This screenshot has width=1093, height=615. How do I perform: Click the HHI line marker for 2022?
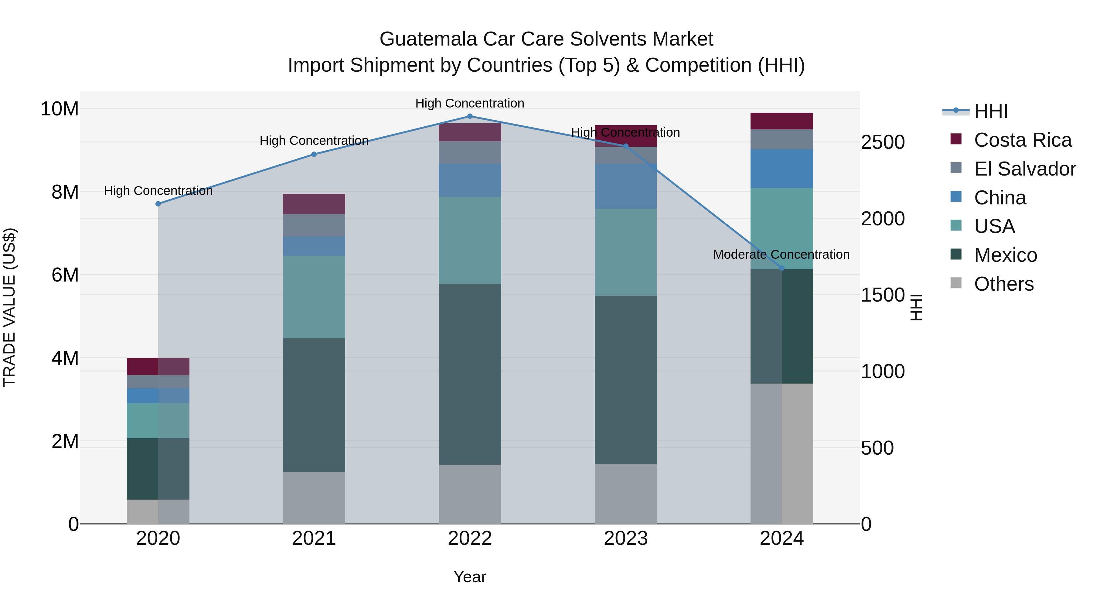[x=470, y=116]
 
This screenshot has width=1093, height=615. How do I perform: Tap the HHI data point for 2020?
[x=158, y=204]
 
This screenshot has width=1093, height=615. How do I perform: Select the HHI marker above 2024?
[x=782, y=268]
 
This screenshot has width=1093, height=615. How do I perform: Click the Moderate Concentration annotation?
[x=781, y=255]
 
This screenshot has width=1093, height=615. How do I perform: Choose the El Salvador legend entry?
[x=1025, y=169]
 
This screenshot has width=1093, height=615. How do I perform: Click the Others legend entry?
[x=1003, y=284]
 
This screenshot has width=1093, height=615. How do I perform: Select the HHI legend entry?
[x=991, y=111]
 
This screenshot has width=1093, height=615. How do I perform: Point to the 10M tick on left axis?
[x=60, y=109]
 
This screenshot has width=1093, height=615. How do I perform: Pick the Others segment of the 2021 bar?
[x=314, y=497]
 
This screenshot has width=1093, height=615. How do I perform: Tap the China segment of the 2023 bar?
[x=626, y=186]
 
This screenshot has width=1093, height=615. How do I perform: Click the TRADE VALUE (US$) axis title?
[x=9, y=307]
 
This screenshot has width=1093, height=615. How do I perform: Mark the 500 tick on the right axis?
[x=877, y=448]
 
